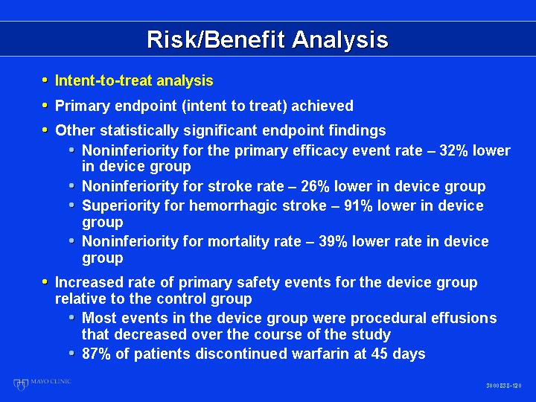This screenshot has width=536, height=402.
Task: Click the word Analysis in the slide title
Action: [x=340, y=40]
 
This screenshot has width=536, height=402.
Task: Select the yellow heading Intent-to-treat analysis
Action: [x=134, y=80]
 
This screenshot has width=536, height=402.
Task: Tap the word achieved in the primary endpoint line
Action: [x=322, y=106]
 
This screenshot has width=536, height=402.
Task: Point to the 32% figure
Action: [x=453, y=150]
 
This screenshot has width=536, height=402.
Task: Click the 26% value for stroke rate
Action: [x=315, y=186]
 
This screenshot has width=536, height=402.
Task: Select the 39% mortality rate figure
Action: [x=333, y=241]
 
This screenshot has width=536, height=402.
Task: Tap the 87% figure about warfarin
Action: [x=96, y=354]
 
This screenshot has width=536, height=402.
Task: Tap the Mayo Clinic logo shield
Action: [x=21, y=384]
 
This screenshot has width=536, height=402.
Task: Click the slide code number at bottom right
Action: [x=504, y=386]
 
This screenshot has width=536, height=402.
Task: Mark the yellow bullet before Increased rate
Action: [x=45, y=281]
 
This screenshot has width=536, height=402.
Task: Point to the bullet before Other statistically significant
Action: [x=45, y=130]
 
